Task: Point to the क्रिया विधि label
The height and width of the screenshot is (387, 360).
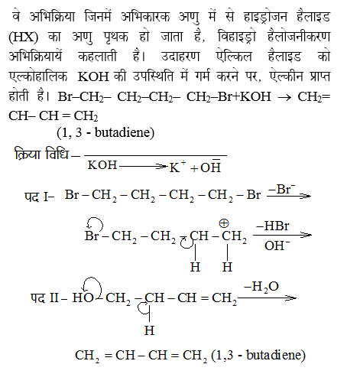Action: point(41,155)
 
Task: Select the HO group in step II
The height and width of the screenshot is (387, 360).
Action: point(83,298)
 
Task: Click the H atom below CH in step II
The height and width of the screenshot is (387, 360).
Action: point(149,330)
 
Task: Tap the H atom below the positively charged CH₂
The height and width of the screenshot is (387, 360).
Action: point(227,267)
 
